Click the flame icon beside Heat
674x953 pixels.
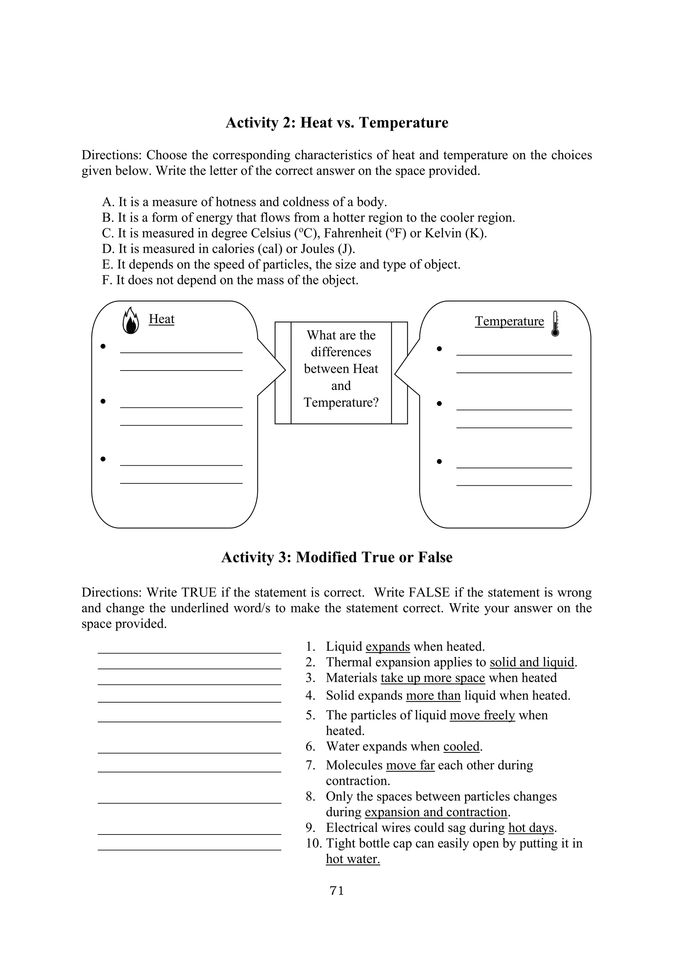130,321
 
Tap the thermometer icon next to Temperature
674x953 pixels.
555,324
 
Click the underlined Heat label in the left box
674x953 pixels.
162,319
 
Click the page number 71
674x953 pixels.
337,891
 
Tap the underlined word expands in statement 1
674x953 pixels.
388,647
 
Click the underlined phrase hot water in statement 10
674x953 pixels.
353,859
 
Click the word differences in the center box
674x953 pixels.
341,352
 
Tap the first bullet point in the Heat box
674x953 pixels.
103,346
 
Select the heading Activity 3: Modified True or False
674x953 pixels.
337,557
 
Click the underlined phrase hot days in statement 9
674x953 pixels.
531,828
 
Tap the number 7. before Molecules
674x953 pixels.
311,765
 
